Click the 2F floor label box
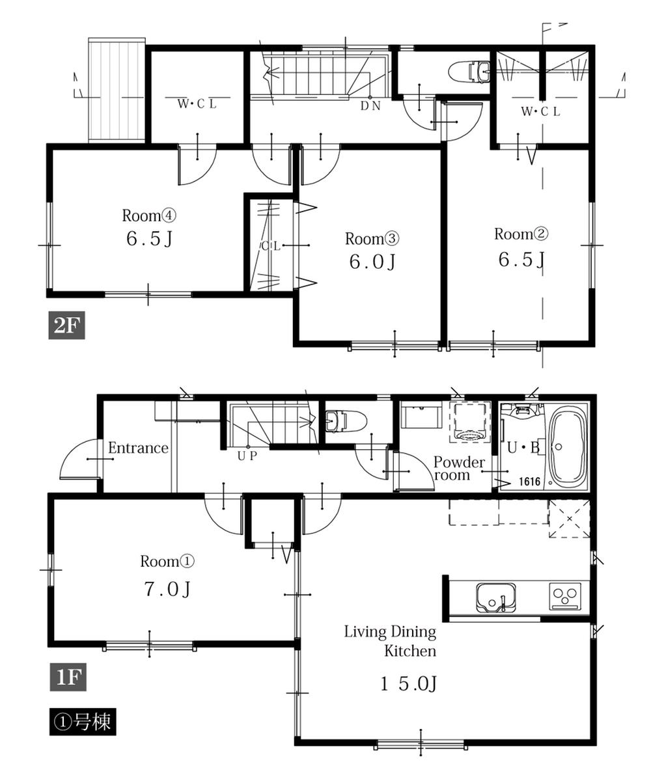click(67, 325)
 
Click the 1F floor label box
click(67, 678)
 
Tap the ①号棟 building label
click(83, 722)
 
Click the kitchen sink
click(496, 597)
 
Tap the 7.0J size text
click(167, 590)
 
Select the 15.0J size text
click(408, 683)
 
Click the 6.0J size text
click(372, 262)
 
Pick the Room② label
click(519, 234)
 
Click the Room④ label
click(150, 215)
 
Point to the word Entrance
click(138, 448)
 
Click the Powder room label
click(459, 469)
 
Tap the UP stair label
click(247, 456)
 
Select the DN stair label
click(371, 106)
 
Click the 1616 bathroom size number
click(531, 482)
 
